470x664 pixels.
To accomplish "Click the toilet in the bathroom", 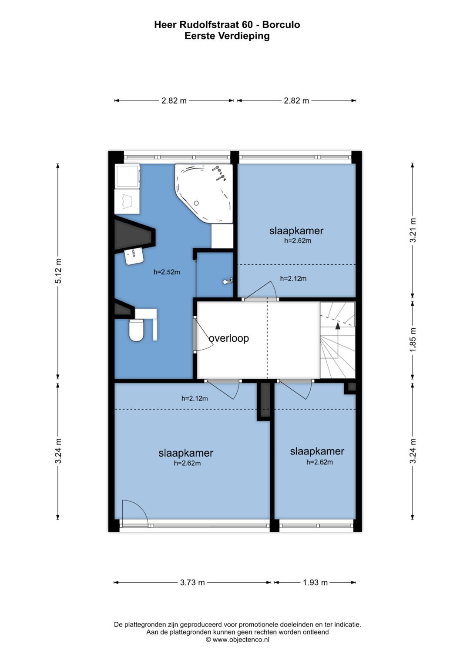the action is (x=136, y=330).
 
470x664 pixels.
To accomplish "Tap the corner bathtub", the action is (x=204, y=193).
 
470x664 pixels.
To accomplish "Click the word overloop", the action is (x=228, y=338).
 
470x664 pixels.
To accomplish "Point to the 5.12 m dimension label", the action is (x=58, y=270).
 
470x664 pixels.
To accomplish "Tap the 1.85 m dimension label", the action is (x=413, y=340).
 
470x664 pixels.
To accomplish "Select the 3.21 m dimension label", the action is (x=413, y=230).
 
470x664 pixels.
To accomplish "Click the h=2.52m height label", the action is (x=167, y=272).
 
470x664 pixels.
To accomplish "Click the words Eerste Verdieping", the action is (x=227, y=36).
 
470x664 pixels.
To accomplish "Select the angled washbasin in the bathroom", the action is (x=134, y=256).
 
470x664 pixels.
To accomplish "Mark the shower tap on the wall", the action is (x=228, y=281).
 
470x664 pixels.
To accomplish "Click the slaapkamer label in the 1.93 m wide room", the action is (x=317, y=451).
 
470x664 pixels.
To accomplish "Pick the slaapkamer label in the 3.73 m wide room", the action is (x=186, y=453).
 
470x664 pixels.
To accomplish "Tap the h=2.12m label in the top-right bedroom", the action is (x=293, y=278).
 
